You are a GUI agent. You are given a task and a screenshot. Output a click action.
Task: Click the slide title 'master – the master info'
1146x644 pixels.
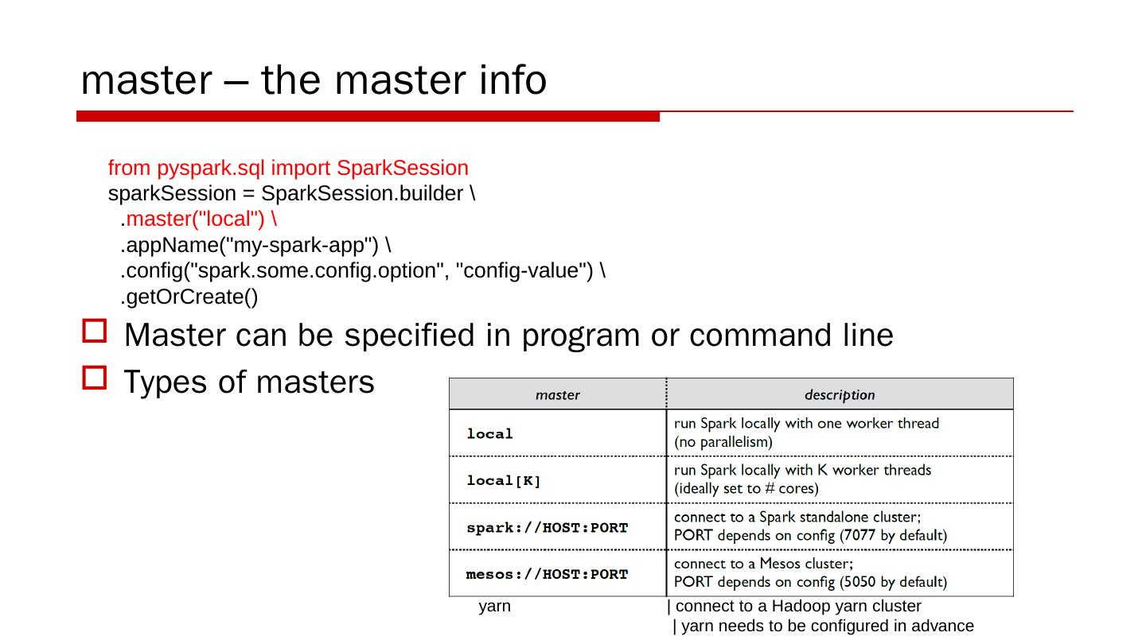tap(314, 80)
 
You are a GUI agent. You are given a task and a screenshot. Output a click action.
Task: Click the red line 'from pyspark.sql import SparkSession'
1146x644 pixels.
tap(288, 169)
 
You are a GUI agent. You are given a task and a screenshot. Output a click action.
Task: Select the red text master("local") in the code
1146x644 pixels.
tap(201, 219)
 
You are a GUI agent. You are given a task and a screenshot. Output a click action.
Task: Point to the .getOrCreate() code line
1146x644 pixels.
tap(189, 297)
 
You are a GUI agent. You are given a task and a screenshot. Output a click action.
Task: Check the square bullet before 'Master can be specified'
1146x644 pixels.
tap(94, 332)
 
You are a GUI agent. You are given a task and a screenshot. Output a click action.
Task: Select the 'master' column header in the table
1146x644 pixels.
tap(557, 395)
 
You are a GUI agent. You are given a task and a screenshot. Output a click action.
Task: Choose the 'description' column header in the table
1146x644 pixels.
tap(839, 395)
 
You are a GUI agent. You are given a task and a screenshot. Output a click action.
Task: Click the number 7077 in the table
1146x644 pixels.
tap(859, 536)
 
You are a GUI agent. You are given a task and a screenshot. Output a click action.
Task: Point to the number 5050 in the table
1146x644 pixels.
tap(859, 583)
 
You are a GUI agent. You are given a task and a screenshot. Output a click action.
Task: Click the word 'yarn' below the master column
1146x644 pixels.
tap(494, 607)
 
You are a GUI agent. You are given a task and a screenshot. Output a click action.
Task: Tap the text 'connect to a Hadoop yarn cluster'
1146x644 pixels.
tap(797, 607)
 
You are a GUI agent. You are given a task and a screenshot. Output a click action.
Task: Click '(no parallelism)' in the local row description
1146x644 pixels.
tap(723, 442)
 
